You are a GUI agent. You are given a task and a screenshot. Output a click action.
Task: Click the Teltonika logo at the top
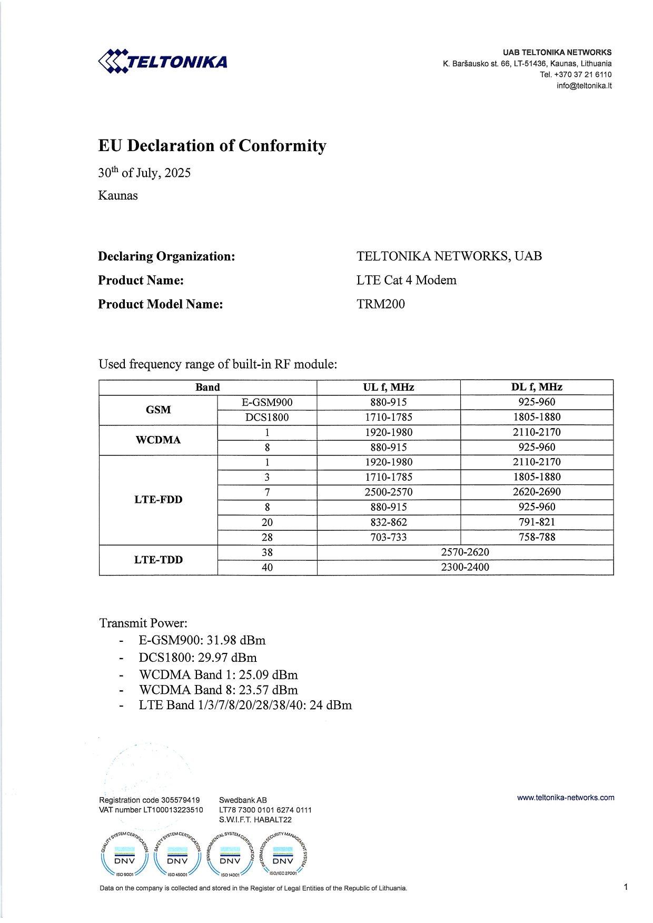tap(163, 62)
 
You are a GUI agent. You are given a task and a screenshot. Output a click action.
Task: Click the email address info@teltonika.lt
tap(584, 86)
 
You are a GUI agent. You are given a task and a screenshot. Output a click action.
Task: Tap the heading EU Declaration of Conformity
tap(212, 146)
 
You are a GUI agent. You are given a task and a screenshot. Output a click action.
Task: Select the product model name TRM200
tap(380, 304)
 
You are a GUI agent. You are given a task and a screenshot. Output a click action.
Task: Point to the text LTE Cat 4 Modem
tap(406, 280)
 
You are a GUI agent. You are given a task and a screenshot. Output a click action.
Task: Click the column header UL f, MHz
tap(388, 387)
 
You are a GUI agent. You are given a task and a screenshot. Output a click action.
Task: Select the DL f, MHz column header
tap(537, 387)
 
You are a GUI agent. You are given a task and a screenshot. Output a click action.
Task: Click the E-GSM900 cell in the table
tap(267, 402)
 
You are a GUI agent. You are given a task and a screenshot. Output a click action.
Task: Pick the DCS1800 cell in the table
tap(267, 418)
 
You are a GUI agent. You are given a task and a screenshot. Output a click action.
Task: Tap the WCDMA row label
tap(158, 440)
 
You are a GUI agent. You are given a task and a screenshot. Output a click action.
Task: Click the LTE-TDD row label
tap(158, 560)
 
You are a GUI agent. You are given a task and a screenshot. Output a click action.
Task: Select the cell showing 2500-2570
tap(388, 492)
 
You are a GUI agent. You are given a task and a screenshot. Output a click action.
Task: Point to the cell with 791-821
tap(537, 522)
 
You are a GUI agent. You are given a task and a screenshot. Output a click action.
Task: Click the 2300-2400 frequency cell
tap(465, 568)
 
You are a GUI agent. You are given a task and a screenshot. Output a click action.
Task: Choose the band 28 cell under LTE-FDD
tap(267, 538)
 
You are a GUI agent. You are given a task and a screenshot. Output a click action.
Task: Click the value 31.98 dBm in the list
tap(236, 641)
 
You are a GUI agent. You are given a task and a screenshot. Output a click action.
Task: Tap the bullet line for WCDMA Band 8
tap(219, 690)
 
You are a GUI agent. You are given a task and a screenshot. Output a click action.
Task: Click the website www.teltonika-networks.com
tap(566, 798)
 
